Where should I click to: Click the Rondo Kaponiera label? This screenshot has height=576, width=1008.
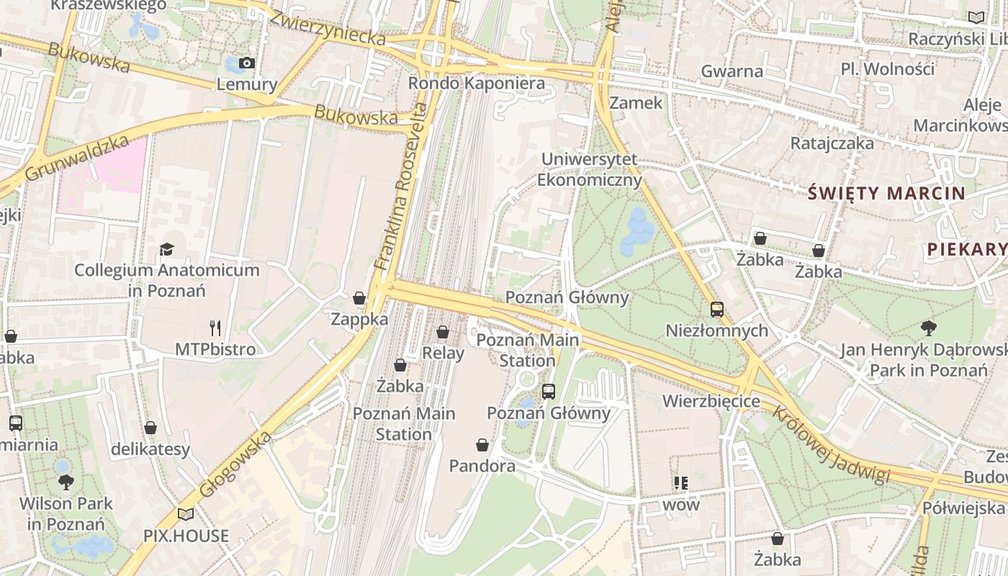pos(476,84)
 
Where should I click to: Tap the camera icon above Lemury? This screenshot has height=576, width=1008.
pos(247,63)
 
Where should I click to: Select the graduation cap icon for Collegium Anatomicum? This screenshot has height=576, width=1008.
pos(167,249)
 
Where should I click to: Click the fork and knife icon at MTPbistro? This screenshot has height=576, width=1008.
pos(215,328)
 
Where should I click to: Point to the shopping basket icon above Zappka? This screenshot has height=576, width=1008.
pos(359,298)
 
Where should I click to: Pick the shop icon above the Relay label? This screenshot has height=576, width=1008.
pos(443,332)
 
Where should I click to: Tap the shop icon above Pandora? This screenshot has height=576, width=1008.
pos(482,446)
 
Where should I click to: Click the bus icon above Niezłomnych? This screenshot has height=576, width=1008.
pos(717,310)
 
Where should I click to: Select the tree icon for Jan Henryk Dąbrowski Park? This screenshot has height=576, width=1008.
pos(929,328)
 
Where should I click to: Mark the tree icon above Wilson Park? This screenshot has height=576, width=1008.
pos(66,482)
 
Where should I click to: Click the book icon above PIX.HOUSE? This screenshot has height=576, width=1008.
pos(186,514)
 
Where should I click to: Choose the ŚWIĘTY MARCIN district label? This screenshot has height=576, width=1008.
pos(886,193)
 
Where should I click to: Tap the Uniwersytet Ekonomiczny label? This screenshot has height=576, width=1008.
pos(589,169)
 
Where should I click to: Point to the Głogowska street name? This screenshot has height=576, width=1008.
pos(235,464)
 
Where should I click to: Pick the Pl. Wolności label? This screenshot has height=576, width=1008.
pos(888,69)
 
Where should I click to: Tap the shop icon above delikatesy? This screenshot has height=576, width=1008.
pos(150,428)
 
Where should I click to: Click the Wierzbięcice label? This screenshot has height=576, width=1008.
pos(711,400)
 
